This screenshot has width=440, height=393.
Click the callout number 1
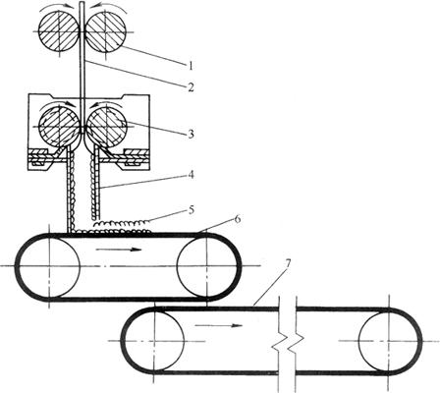pyautogui.click(x=191, y=65)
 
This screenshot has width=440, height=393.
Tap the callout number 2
pyautogui.click(x=191, y=86)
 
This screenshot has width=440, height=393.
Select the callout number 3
pyautogui.click(x=191, y=134)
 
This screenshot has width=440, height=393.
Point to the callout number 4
pyautogui.click(x=191, y=175)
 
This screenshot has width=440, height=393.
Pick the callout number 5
pyautogui.click(x=191, y=210)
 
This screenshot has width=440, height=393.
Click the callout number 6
pyautogui.click(x=237, y=219)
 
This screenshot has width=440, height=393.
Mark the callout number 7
pyautogui.click(x=287, y=263)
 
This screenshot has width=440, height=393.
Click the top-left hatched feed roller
pyautogui.click(x=59, y=31)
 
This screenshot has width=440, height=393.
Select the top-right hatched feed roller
pyautogui.click(x=105, y=31)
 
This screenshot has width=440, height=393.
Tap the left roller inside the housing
pyautogui.click(x=59, y=126)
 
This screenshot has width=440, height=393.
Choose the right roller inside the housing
pyautogui.click(x=106, y=126)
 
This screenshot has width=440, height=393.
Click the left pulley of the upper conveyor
pyautogui.click(x=49, y=266)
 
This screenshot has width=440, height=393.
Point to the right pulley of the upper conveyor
pyautogui.click(x=207, y=266)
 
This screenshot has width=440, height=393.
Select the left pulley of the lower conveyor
pyautogui.click(x=154, y=341)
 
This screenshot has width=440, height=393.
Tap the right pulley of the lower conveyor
pyautogui.click(x=389, y=341)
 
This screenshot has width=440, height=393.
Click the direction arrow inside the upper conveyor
pyautogui.click(x=119, y=250)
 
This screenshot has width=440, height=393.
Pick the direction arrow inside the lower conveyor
pyautogui.click(x=219, y=325)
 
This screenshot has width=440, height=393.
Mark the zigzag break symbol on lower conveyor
pyautogui.click(x=288, y=343)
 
